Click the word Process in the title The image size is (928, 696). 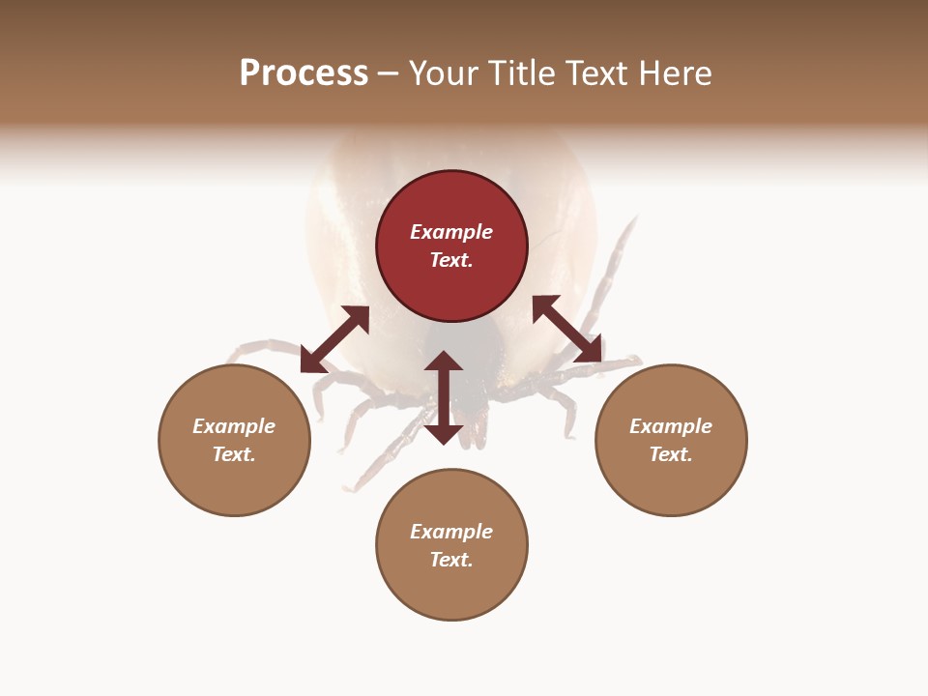click(x=304, y=73)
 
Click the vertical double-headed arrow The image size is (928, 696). click(x=444, y=397)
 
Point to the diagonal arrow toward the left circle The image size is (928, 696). click(x=334, y=339)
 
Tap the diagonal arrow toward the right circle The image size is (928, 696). click(x=567, y=330)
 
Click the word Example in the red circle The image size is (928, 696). click(x=451, y=232)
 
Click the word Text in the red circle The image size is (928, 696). click(x=450, y=260)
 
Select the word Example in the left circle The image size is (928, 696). click(x=234, y=426)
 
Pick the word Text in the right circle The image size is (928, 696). click(x=670, y=454)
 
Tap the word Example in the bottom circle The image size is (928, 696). click(x=451, y=532)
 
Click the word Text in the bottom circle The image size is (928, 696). click(x=450, y=560)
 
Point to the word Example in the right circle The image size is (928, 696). click(x=671, y=426)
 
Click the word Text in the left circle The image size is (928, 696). click(x=234, y=454)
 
